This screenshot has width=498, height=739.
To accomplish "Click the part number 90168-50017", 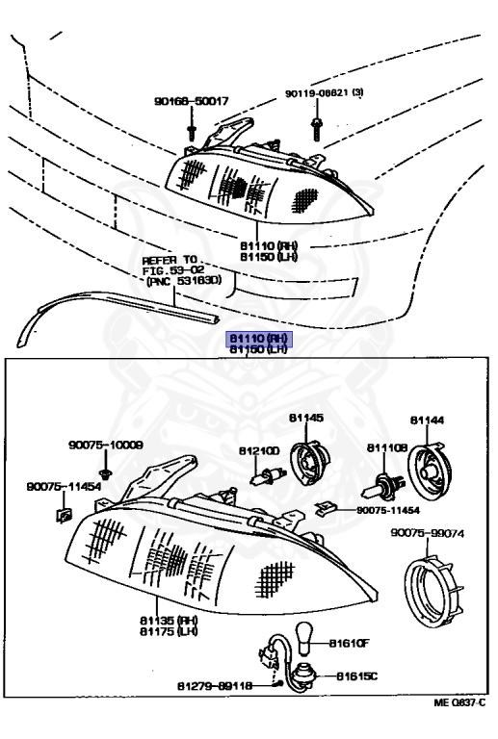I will click(191, 101).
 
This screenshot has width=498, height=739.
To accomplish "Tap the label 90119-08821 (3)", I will click(323, 94).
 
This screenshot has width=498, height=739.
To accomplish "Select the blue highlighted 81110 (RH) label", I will click(258, 339).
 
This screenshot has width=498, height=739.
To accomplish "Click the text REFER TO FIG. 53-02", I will click(172, 266).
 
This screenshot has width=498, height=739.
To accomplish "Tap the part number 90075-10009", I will click(105, 446).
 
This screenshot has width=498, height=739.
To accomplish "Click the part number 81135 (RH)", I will click(169, 621).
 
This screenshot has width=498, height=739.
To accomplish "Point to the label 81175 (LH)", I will click(169, 631).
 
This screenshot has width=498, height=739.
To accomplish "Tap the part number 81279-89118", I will click(214, 686).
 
